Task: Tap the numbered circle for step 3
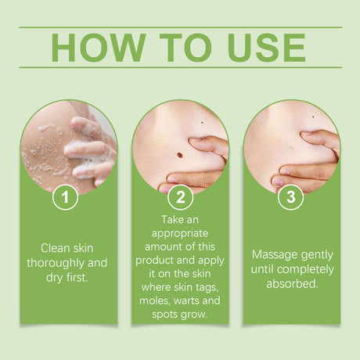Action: pos(291,197)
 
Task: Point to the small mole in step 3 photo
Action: pos(312,118)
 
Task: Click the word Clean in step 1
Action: pos(49,247)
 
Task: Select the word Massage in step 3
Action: pos(273,255)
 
